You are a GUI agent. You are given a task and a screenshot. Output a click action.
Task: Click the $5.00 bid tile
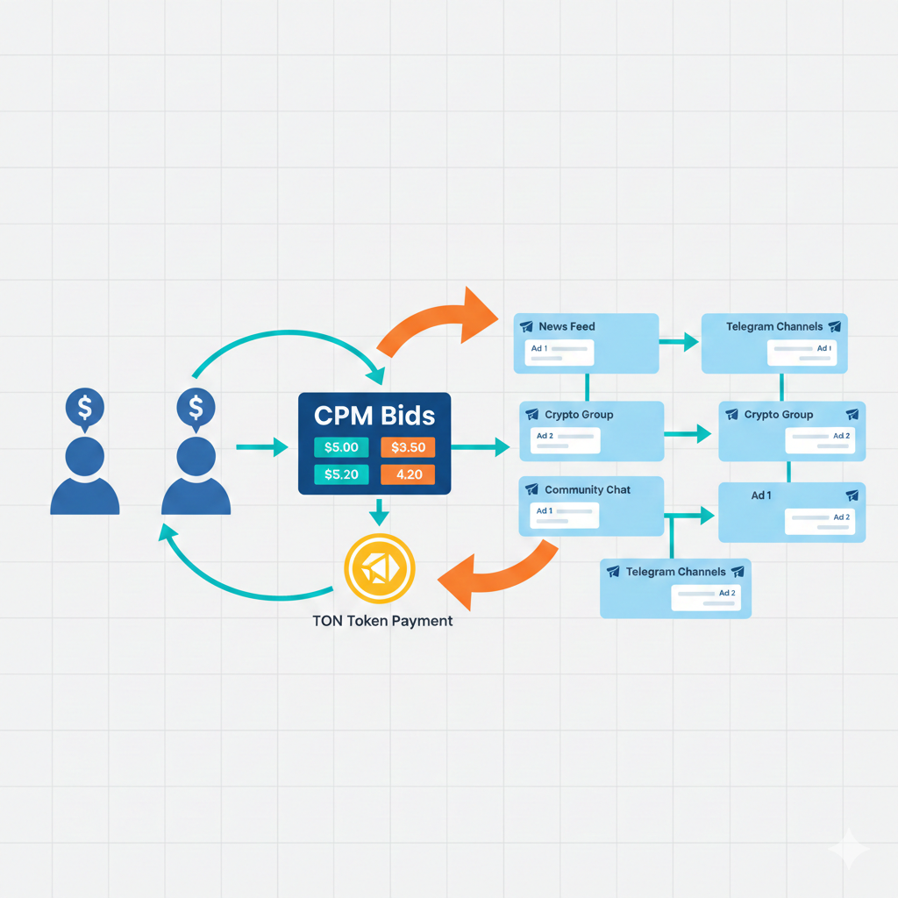[x=341, y=447]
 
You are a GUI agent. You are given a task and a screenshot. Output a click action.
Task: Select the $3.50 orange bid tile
[x=408, y=447]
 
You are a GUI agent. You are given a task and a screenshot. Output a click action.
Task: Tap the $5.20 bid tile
[x=341, y=475]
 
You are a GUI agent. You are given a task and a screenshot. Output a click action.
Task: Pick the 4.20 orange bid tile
[x=408, y=475]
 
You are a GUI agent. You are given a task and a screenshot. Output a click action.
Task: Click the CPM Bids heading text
[x=374, y=415]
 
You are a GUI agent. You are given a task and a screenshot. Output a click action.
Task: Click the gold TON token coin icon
[x=379, y=570]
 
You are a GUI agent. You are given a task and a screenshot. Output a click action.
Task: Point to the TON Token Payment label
[x=382, y=621]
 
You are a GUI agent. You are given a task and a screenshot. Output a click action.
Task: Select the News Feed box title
[x=567, y=326]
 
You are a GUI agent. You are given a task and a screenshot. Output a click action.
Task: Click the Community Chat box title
[x=587, y=489]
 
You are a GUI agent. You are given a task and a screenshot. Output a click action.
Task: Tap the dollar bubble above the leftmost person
[x=85, y=407]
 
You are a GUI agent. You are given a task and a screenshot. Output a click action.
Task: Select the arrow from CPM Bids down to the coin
[x=378, y=512]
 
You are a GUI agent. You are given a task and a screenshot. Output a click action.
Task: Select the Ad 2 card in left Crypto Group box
[x=567, y=440]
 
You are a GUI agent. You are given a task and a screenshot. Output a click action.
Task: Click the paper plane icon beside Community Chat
[x=531, y=489]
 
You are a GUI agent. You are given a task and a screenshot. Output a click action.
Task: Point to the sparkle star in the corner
[x=849, y=850]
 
